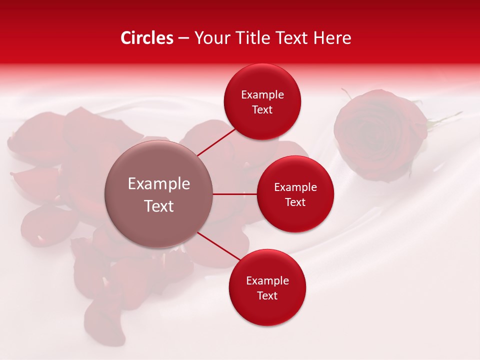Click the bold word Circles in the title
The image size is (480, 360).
[x=146, y=38]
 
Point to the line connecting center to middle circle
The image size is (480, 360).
[x=235, y=194]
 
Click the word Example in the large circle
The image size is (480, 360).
[x=159, y=184]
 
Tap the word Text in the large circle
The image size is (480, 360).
[x=159, y=206]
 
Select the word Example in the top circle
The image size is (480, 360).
[x=262, y=95]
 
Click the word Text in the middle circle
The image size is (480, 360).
[x=295, y=202]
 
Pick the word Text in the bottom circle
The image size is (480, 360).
[x=267, y=295]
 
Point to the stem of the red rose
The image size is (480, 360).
[x=445, y=119]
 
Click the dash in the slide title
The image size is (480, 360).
[x=183, y=38]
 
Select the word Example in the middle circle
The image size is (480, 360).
[x=295, y=187]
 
